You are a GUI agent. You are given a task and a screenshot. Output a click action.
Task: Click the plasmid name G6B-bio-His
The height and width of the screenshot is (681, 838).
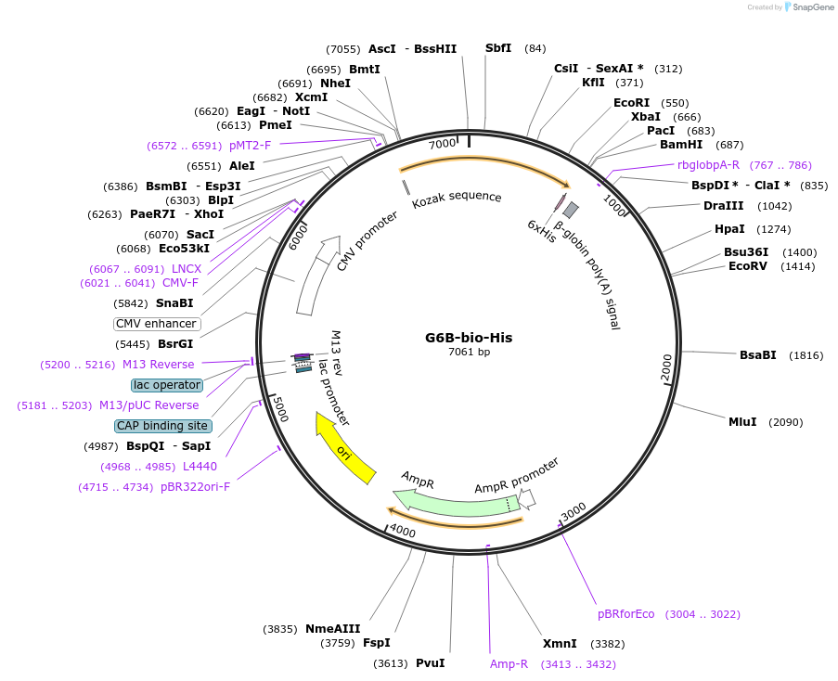pyautogui.click(x=469, y=338)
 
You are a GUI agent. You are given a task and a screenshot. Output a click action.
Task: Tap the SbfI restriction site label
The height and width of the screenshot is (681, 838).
pyautogui.click(x=498, y=48)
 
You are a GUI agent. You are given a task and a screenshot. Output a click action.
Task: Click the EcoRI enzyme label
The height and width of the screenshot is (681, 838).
pyautogui.click(x=631, y=103)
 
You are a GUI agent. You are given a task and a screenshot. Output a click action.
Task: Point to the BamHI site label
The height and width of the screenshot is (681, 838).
pyautogui.click(x=681, y=144)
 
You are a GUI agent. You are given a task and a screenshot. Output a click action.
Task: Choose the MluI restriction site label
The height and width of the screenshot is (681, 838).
pyautogui.click(x=742, y=422)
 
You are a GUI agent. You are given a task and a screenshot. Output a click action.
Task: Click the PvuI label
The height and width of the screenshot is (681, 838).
pyautogui.click(x=430, y=663)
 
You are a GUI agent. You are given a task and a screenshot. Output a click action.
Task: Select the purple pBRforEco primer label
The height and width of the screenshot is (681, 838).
pyautogui.click(x=626, y=614)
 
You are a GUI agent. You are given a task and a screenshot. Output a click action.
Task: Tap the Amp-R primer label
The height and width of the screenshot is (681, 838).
pyautogui.click(x=509, y=664)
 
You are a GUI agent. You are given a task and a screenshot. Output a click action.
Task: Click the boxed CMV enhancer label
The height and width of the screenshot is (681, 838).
pyautogui.click(x=156, y=324)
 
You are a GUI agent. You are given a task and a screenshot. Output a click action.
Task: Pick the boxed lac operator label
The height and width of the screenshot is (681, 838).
pyautogui.click(x=167, y=385)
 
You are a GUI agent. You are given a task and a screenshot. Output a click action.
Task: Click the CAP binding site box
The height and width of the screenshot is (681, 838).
pyautogui.click(x=162, y=426)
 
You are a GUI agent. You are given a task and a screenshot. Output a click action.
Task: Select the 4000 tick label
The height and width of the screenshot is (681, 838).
pyautogui.click(x=403, y=531)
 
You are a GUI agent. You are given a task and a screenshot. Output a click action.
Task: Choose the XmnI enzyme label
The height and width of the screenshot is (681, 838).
pyautogui.click(x=560, y=643)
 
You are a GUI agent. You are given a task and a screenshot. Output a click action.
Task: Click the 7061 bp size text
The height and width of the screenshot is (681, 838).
pyautogui.click(x=469, y=353)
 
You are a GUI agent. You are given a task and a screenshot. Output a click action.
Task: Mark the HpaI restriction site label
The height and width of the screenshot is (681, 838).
pyautogui.click(x=729, y=229)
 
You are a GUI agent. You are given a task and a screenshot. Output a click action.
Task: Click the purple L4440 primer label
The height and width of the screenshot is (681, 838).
pyautogui.click(x=200, y=467)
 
